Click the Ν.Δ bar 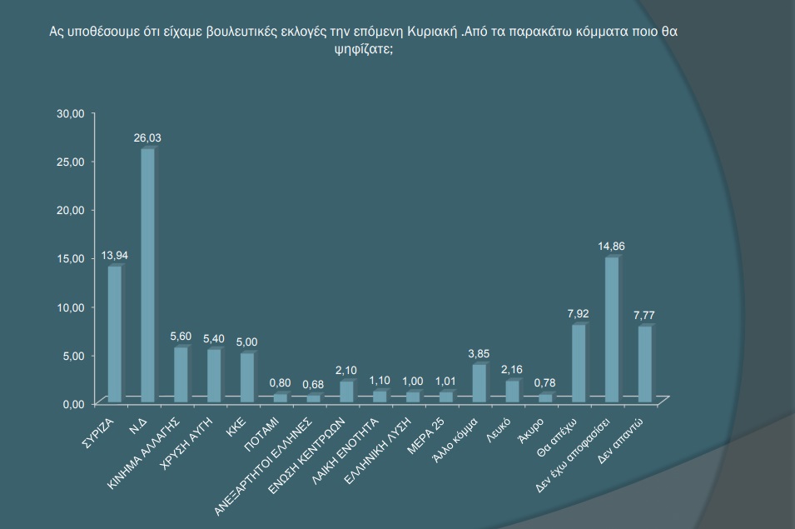(147, 275)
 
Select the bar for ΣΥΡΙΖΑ (114, 333)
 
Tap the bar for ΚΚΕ (246, 377)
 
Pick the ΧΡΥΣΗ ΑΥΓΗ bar (214, 375)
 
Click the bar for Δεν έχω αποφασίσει (611, 329)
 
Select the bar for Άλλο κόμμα (479, 382)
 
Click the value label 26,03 (147, 137)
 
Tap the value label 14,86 (610, 247)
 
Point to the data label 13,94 (115, 255)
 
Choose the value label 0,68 (313, 384)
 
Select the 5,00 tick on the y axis (73, 356)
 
